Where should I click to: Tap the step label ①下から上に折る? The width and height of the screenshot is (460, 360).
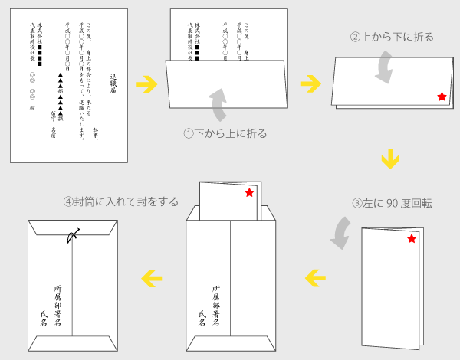(x=225, y=133)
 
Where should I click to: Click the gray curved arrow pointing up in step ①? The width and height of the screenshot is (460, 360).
(x=219, y=104)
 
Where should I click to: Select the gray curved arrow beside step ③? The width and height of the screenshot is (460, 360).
(x=340, y=231)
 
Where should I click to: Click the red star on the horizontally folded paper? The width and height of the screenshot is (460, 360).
(x=441, y=97)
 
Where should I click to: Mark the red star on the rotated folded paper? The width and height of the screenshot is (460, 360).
(x=412, y=240)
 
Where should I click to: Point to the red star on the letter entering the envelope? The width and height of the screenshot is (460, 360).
(x=248, y=194)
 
